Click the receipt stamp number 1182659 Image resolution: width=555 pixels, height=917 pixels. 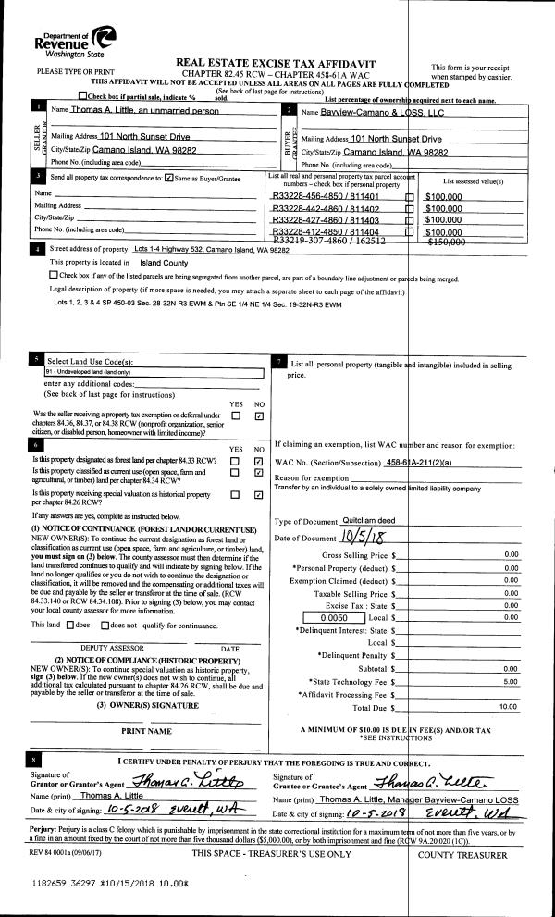(47, 886)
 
